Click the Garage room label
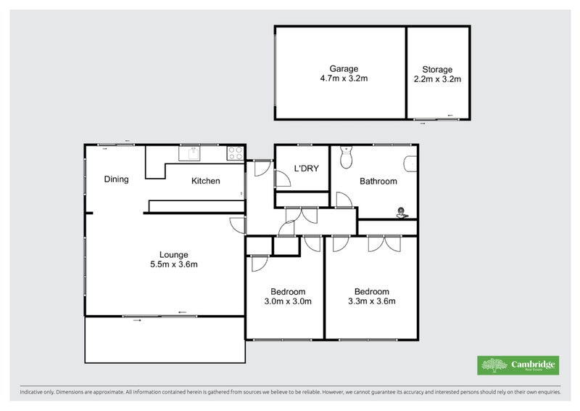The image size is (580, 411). tap(339, 69)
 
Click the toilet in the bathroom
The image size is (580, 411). tap(347, 157)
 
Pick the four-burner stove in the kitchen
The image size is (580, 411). tap(236, 153)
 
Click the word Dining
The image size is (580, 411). tap(116, 179)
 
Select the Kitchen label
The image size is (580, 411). tap(205, 181)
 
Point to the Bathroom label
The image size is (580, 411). tap(378, 182)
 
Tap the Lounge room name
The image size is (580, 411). tap(174, 255)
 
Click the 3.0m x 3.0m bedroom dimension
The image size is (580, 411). tap(288, 301)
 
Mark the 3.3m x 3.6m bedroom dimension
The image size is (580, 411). tap(372, 301)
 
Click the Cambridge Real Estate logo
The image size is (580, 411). tap(518, 365)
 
